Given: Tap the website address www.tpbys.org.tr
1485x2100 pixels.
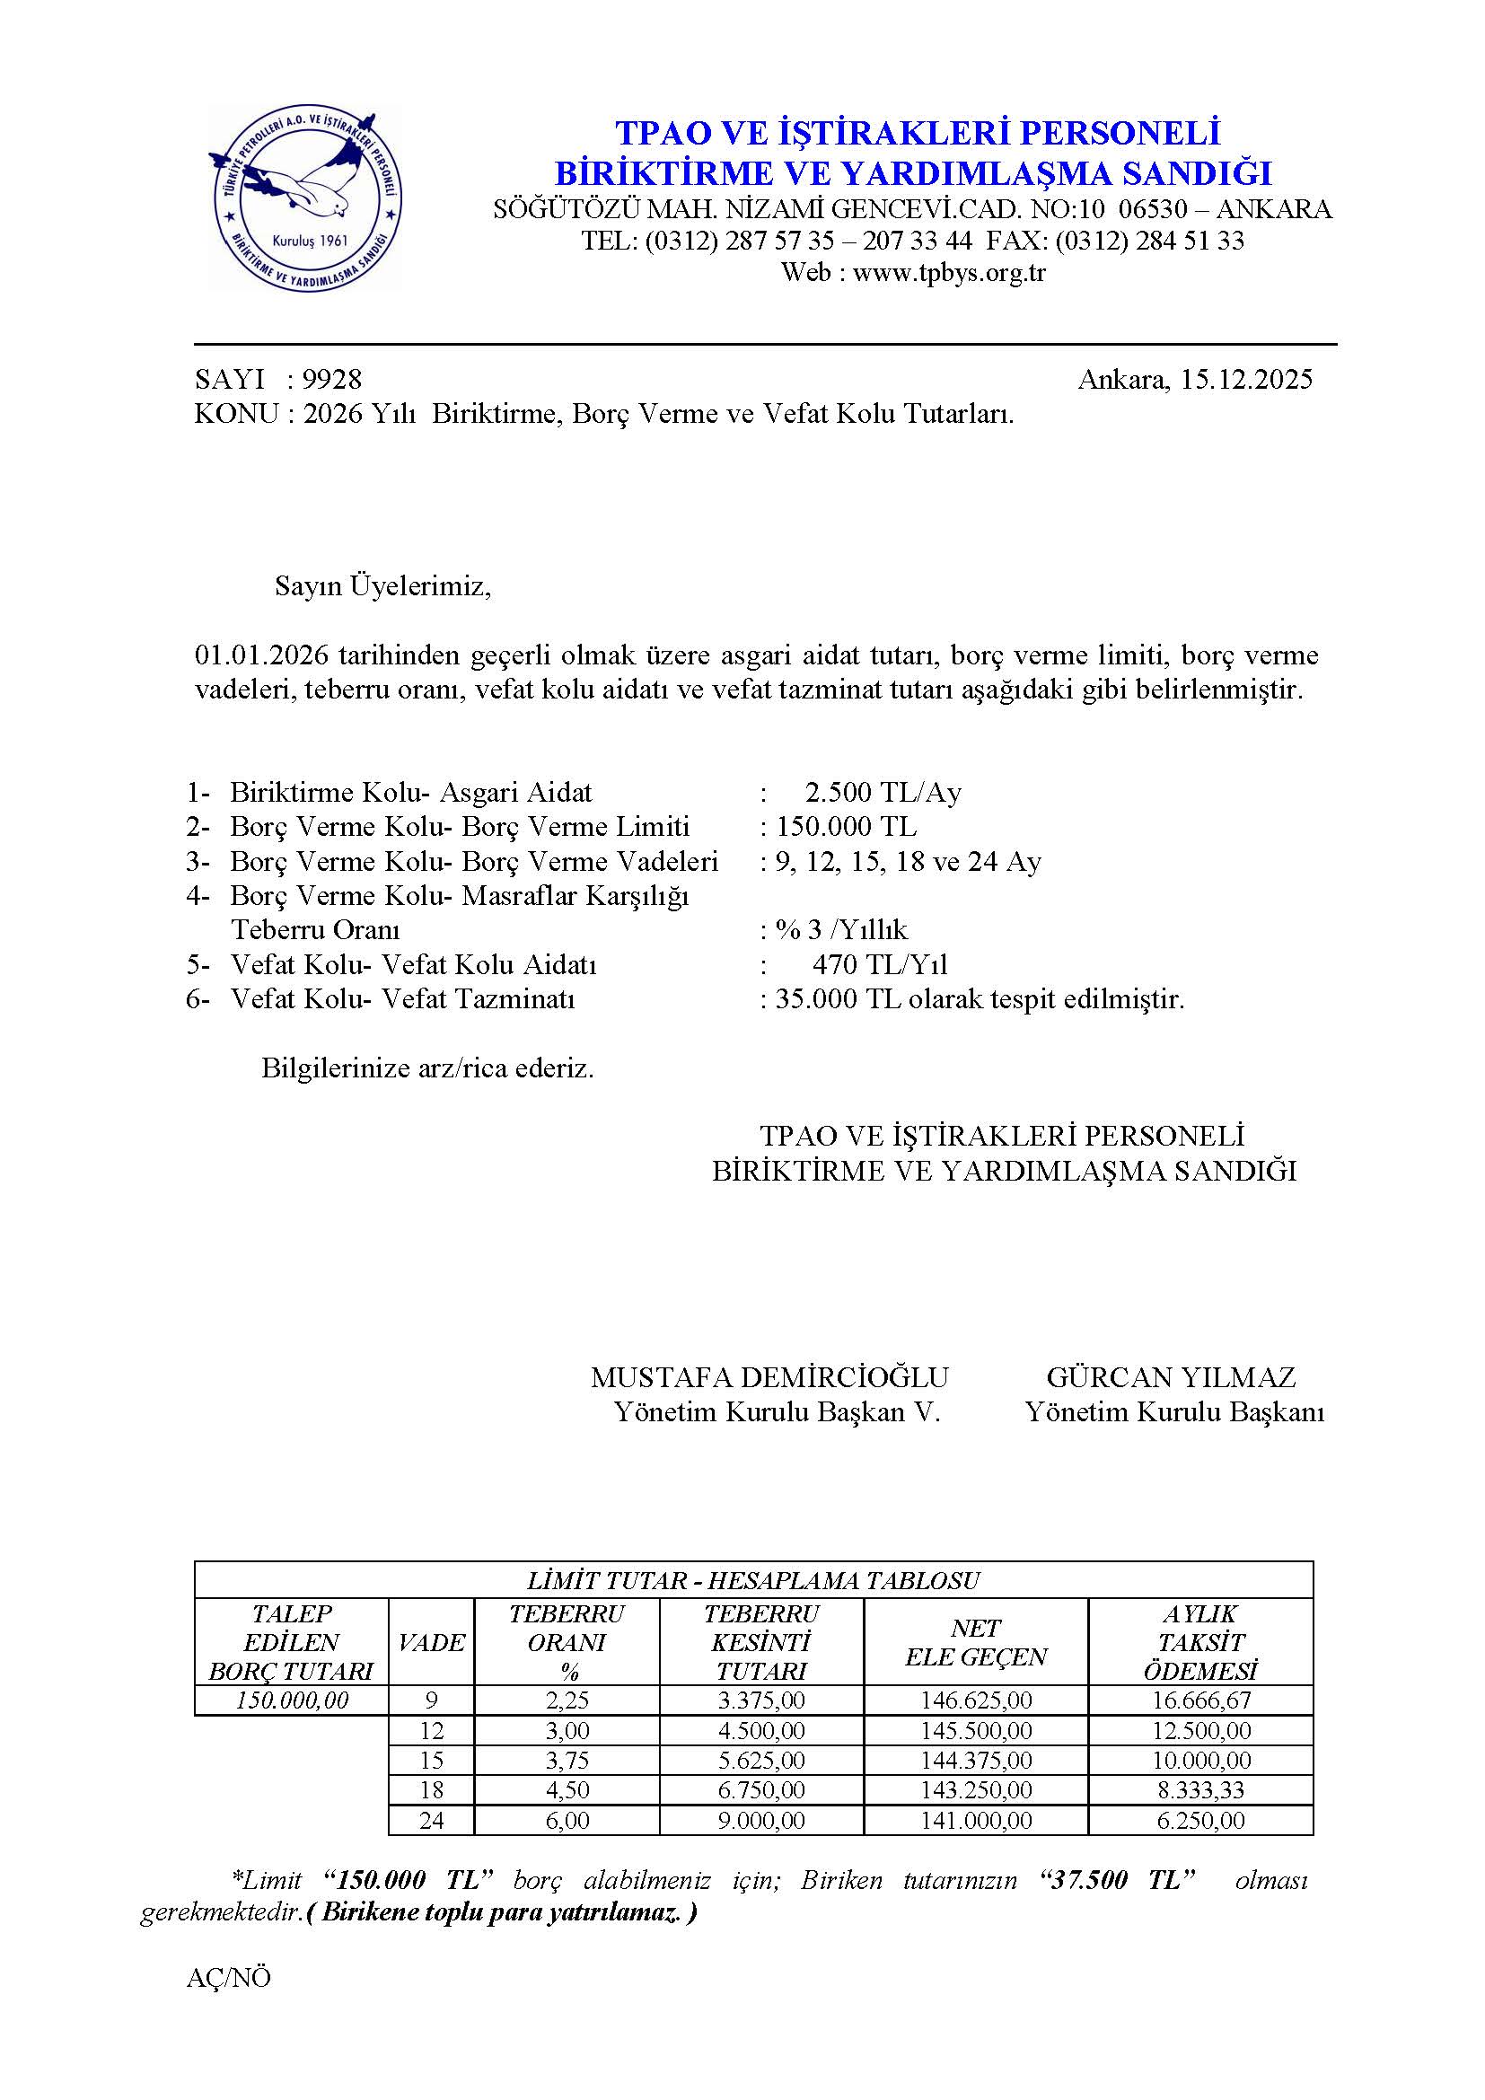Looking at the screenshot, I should [948, 273].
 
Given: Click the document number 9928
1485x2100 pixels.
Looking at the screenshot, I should [332, 379].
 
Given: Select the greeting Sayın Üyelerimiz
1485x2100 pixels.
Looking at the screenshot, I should [382, 586].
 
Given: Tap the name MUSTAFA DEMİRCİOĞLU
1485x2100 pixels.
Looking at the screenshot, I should [769, 1376].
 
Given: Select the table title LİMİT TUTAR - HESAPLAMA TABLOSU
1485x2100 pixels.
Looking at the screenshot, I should [752, 1579].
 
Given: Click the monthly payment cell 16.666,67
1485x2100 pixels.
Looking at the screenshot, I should [1200, 1700].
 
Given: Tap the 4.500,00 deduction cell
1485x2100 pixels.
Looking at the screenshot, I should [760, 1730].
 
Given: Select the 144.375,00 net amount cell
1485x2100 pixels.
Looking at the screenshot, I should [976, 1760].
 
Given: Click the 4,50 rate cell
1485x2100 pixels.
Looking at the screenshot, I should [567, 1790].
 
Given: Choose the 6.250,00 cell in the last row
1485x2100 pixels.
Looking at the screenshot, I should [1200, 1820].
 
